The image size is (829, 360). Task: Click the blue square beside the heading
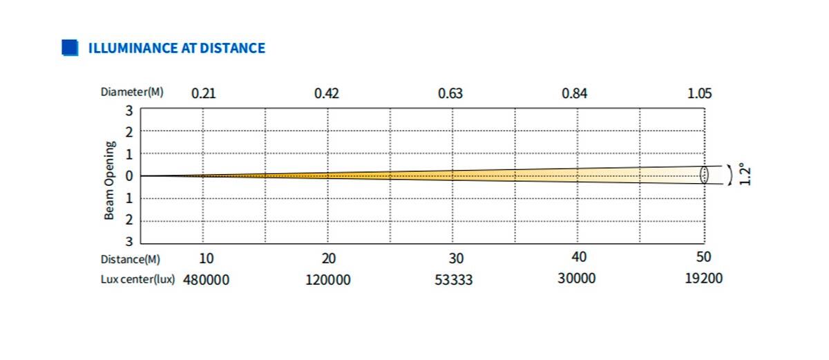[x=69, y=48]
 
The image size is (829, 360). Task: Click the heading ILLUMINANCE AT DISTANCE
[x=176, y=48]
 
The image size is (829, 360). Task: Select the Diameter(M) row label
[x=132, y=92]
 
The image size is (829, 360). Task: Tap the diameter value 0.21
[x=203, y=93]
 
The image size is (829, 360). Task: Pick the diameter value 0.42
[x=327, y=93]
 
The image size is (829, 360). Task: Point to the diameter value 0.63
[x=450, y=93]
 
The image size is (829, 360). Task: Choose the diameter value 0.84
[x=575, y=93]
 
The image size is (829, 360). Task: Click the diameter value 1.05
[x=699, y=93]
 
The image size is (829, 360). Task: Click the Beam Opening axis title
[x=110, y=180]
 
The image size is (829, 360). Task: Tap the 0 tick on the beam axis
[x=128, y=176]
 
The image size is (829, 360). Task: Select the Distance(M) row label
[x=131, y=259]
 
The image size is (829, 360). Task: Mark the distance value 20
[x=329, y=258]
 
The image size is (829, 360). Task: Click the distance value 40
[x=579, y=257]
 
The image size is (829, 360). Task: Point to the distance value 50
[x=703, y=257]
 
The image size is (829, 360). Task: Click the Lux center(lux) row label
[x=137, y=280]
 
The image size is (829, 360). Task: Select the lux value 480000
[x=206, y=280]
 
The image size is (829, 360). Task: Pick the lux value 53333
[x=454, y=280]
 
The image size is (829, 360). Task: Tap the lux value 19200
[x=704, y=278]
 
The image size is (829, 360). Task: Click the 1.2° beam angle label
[x=743, y=173]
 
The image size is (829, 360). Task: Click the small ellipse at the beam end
[x=704, y=174]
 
